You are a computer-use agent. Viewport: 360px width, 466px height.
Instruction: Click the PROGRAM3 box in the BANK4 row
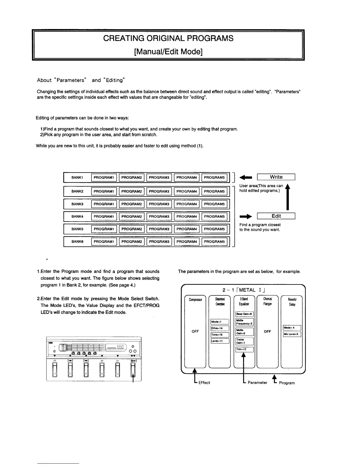click(x=159, y=217)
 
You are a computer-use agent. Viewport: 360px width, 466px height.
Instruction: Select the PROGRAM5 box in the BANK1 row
click(x=214, y=177)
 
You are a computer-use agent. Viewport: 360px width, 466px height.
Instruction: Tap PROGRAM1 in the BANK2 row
click(x=104, y=192)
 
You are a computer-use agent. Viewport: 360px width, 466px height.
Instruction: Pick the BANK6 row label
click(x=77, y=242)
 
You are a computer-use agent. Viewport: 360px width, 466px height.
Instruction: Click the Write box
click(x=276, y=177)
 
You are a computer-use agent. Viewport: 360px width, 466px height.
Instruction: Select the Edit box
click(x=276, y=216)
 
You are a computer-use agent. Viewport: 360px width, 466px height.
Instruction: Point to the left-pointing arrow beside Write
click(x=246, y=177)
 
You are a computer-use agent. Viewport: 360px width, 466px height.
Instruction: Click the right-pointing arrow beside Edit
click(x=246, y=217)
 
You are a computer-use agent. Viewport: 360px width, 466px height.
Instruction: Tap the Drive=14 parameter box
click(x=220, y=328)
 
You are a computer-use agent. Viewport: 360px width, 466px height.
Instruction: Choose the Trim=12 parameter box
click(x=244, y=349)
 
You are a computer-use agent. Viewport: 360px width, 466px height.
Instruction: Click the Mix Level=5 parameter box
click(x=292, y=334)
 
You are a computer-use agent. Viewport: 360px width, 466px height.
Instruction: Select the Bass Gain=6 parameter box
click(x=244, y=314)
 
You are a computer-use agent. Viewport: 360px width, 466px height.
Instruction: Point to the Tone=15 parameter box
click(x=220, y=335)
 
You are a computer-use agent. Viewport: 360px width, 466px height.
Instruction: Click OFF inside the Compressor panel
click(x=195, y=332)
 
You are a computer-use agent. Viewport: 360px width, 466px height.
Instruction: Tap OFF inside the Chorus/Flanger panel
click(x=267, y=332)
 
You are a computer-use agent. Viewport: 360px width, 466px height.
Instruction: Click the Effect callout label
click(x=204, y=383)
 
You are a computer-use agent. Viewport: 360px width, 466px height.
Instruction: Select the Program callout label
click(x=287, y=383)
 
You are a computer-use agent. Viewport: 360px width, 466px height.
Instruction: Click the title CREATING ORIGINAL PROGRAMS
click(x=168, y=39)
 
